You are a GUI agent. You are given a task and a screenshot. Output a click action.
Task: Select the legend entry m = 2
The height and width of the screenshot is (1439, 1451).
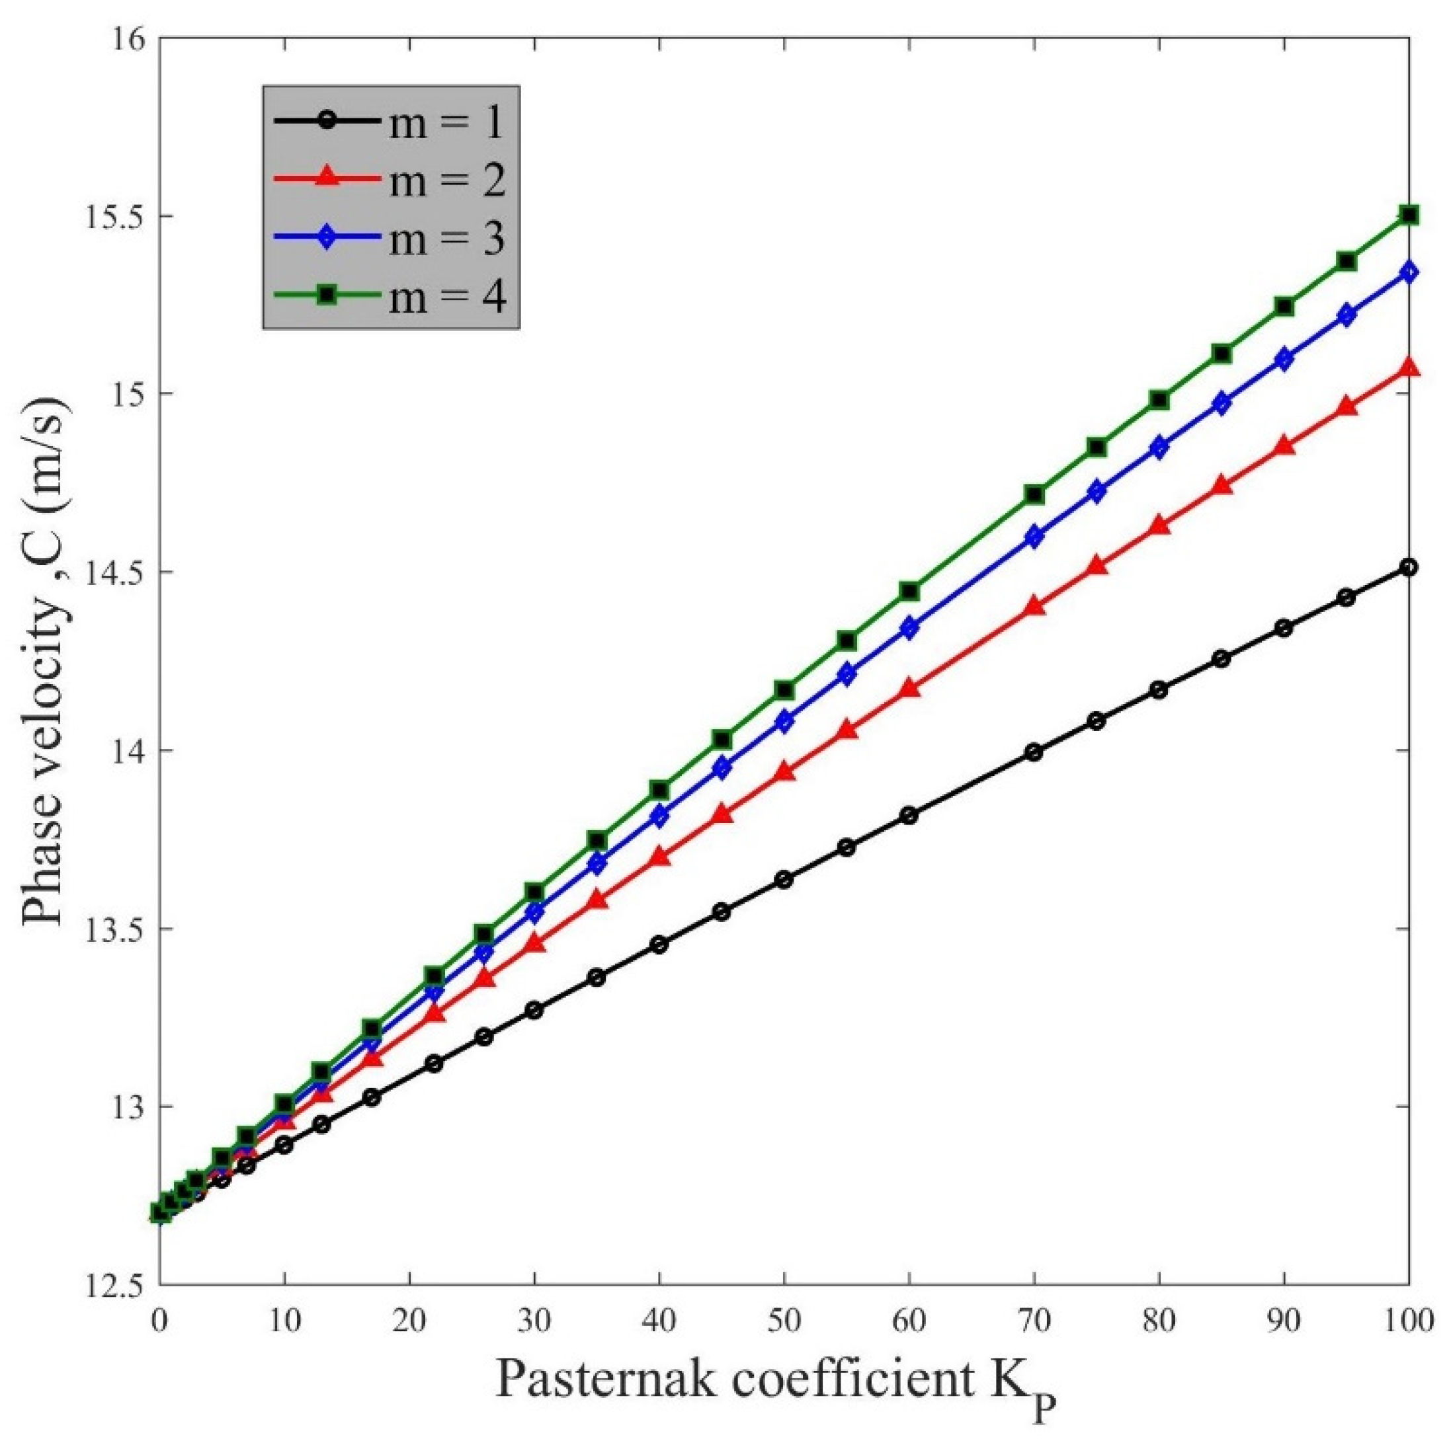(391, 180)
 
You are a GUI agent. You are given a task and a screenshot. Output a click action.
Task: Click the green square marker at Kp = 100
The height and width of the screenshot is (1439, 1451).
(1409, 215)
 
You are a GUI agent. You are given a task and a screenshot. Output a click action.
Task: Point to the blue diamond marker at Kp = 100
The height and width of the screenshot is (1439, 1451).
(1409, 272)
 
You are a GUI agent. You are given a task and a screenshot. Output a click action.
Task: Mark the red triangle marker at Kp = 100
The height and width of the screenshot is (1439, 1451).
(1409, 368)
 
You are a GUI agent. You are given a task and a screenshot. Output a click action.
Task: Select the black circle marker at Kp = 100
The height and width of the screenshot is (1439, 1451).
(1409, 566)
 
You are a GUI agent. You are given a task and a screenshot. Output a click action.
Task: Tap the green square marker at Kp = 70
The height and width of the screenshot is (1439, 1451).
(1034, 494)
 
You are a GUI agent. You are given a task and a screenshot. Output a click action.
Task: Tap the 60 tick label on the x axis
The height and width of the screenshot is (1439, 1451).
(909, 1317)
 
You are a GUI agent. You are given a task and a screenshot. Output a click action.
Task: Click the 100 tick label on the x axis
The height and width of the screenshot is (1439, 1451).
(1407, 1317)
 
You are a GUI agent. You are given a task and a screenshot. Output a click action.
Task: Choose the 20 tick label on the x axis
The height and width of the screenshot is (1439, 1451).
(409, 1317)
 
